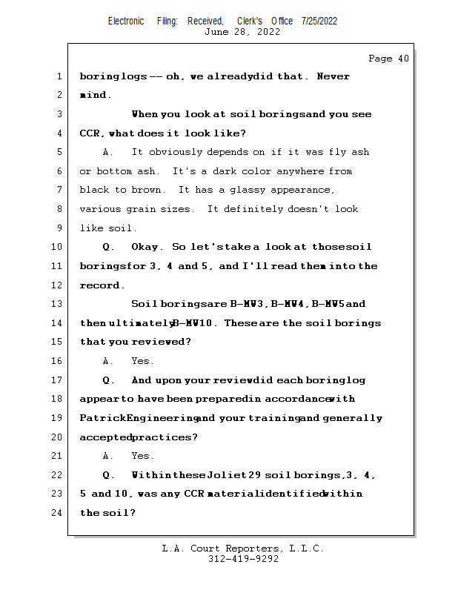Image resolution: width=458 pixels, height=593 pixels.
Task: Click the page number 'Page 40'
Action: tap(388, 59)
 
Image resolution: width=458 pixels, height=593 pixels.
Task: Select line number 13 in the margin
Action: tap(59, 304)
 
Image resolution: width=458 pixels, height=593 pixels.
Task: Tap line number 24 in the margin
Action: tap(59, 513)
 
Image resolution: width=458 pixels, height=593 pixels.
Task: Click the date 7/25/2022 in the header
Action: tap(319, 21)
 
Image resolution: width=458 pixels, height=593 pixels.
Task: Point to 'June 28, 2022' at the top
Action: tap(242, 32)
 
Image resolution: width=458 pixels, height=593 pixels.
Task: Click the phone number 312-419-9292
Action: tap(243, 559)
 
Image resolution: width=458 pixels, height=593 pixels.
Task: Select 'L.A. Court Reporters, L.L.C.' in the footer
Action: tap(242, 549)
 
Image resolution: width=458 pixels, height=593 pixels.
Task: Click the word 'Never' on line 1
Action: tap(333, 76)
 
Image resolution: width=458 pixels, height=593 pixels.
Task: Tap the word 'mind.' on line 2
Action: tap(96, 96)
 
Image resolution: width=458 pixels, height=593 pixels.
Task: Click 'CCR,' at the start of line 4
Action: tap(93, 133)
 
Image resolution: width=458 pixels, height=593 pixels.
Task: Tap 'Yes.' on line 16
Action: tap(142, 361)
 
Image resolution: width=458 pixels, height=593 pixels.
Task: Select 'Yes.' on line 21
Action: tap(142, 456)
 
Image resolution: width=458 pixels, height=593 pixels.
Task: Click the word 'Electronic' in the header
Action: tap(126, 21)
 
